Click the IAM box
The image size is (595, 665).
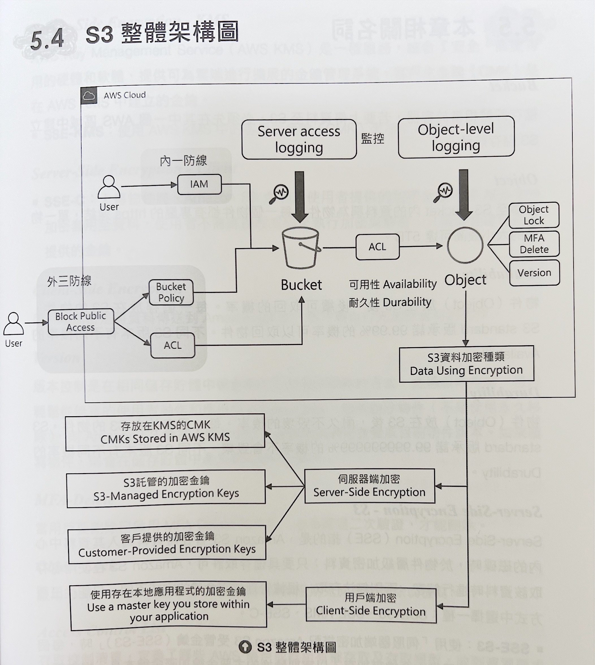199,184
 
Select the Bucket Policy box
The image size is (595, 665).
171,292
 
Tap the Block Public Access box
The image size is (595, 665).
81,322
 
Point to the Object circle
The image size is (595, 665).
465,245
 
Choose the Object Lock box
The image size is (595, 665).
534,215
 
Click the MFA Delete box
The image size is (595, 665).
534,244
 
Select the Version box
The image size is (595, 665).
534,273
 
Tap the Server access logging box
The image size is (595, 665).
299,140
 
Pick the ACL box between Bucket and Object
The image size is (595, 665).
377,247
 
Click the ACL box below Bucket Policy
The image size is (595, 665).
173,345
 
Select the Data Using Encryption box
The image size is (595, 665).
466,364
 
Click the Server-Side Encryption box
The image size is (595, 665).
369,486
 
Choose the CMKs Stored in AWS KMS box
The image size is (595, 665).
165,432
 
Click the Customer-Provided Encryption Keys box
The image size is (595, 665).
167,544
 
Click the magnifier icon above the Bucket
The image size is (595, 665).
279,194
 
